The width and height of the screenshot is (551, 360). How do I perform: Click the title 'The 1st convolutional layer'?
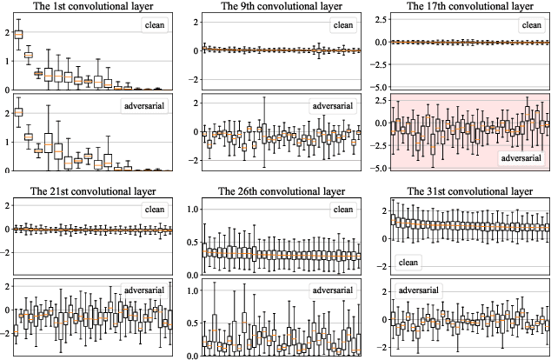click(x=88, y=7)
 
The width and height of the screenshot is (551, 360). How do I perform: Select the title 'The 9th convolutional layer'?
click(x=274, y=7)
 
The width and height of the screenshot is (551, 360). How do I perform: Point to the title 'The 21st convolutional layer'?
click(x=88, y=191)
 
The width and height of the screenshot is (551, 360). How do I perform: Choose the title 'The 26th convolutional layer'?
click(x=274, y=191)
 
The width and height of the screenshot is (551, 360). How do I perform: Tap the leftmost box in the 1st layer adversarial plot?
click(x=18, y=112)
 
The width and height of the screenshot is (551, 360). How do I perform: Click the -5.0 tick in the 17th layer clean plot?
click(x=379, y=87)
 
